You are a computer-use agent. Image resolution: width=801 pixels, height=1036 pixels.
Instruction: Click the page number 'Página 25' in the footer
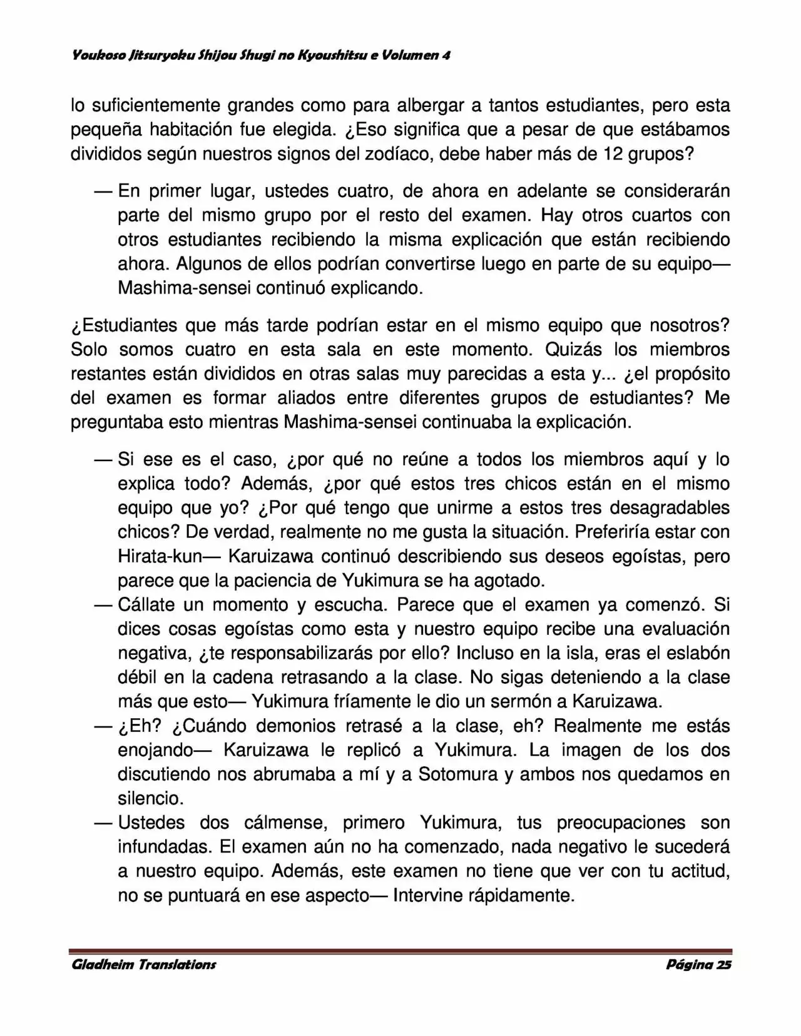pos(698,964)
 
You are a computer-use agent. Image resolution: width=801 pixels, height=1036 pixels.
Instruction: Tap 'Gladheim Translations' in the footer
pos(144,964)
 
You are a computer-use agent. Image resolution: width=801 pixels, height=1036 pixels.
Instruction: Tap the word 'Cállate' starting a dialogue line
pos(147,605)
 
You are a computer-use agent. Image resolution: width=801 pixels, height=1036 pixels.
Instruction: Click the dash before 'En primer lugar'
pos(103,191)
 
